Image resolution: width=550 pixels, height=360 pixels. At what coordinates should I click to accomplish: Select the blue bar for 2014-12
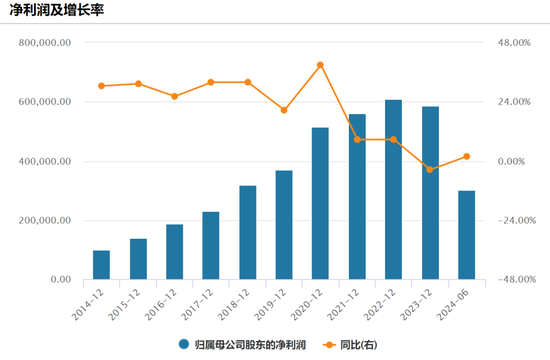pyautogui.click(x=101, y=265)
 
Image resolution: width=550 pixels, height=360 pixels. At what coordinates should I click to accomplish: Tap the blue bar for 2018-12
pyautogui.click(x=247, y=233)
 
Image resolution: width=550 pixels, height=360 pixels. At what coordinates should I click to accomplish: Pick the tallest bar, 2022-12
pyautogui.click(x=394, y=190)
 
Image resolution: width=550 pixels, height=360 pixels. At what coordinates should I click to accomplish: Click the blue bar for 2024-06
pyautogui.click(x=467, y=235)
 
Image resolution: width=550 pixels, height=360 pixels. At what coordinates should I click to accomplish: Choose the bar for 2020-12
pyautogui.click(x=320, y=204)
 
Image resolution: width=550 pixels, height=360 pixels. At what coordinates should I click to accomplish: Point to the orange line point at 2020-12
pyautogui.click(x=320, y=65)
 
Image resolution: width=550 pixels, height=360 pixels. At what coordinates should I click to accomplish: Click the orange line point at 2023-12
pyautogui.click(x=430, y=170)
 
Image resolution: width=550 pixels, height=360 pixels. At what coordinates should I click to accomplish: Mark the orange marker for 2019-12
pyautogui.click(x=284, y=110)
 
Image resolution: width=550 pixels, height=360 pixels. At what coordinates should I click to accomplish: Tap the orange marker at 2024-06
pyautogui.click(x=467, y=156)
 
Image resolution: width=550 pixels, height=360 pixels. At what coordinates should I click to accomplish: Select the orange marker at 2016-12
pyautogui.click(x=174, y=96)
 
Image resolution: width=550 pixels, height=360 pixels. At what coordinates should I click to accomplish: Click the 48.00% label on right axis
pyautogui.click(x=513, y=43)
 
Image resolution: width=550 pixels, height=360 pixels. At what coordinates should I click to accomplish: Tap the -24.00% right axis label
pyautogui.click(x=513, y=221)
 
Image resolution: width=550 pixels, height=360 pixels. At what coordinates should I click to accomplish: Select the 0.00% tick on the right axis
pyautogui.click(x=513, y=162)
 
